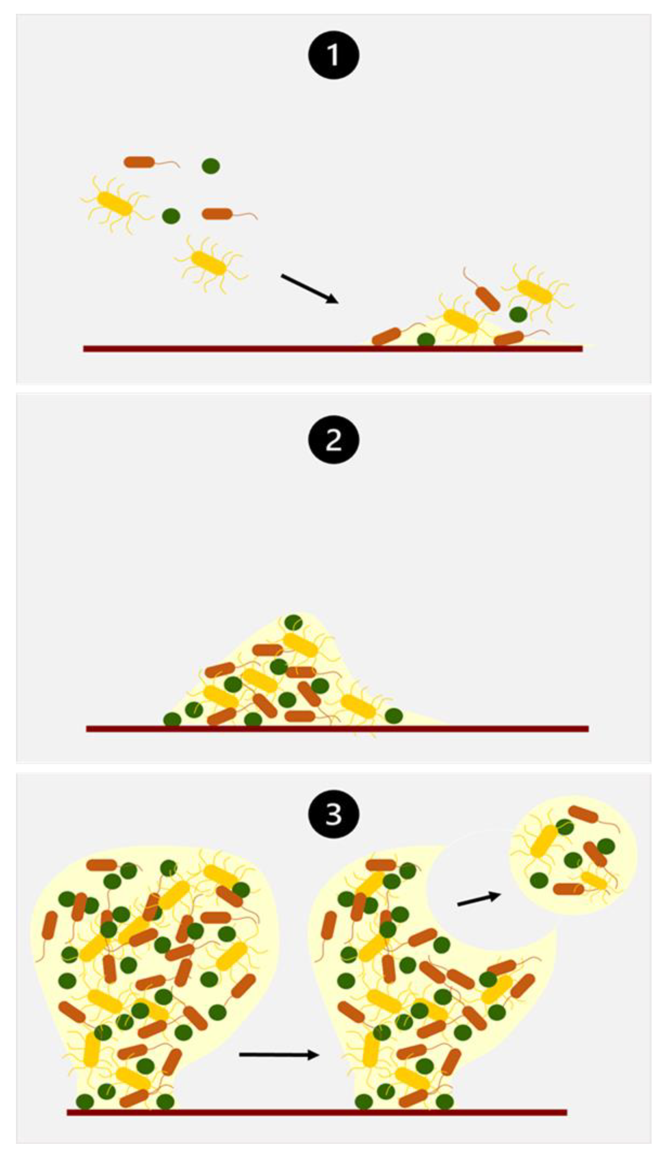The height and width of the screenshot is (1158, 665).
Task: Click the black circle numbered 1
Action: coord(333,55)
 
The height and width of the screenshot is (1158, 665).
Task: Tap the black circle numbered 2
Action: coord(333,439)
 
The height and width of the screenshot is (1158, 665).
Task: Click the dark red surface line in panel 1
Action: coord(332,349)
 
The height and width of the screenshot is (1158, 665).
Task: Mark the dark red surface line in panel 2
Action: coord(337,729)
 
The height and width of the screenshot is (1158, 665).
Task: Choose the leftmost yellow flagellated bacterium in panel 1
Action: coord(115,204)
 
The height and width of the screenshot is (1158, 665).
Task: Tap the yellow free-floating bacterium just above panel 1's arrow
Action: coord(209,263)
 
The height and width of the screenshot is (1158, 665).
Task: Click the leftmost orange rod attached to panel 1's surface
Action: coord(386,336)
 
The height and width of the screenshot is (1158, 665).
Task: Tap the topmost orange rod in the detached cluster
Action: coord(583,814)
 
